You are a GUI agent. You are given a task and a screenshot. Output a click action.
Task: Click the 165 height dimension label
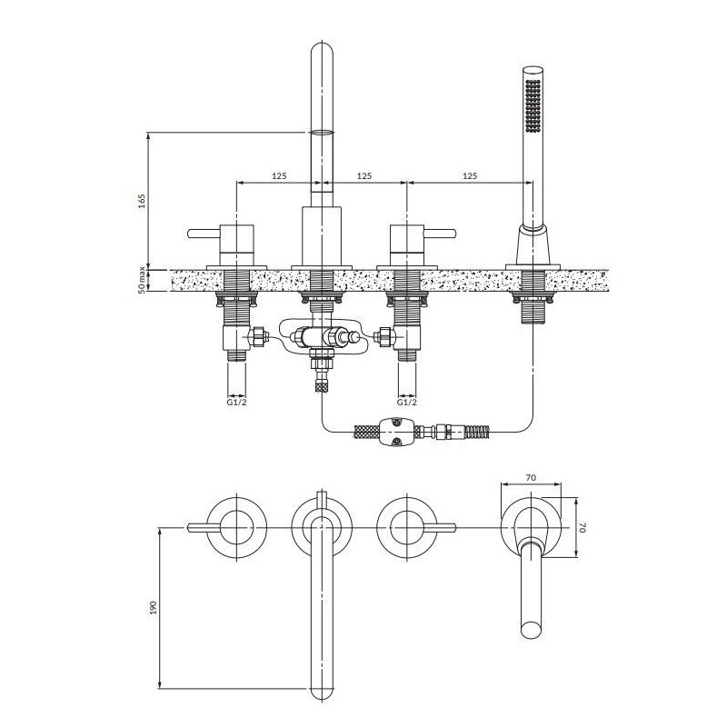tap(143, 201)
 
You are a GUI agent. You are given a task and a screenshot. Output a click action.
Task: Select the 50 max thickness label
tap(143, 280)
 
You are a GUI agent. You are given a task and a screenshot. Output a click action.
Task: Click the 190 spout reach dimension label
tap(154, 607)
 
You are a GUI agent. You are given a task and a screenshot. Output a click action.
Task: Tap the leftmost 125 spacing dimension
tap(279, 175)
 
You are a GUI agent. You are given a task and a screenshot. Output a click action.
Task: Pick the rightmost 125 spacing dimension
tap(470, 175)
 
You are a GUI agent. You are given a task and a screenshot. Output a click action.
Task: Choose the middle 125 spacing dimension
tap(364, 175)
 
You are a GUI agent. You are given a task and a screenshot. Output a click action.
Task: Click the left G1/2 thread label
tap(236, 402)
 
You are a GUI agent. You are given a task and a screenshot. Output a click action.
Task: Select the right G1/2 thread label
tap(407, 402)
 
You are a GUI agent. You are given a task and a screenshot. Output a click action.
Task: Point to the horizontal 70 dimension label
tap(532, 477)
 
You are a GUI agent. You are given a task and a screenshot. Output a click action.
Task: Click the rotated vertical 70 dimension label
tap(583, 527)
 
